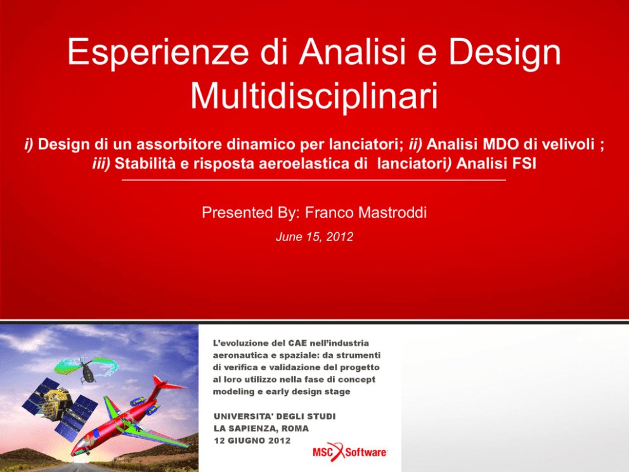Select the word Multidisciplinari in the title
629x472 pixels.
[314, 96]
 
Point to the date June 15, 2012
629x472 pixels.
[314, 237]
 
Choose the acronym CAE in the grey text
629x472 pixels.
[297, 343]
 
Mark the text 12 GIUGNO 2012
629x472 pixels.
[252, 441]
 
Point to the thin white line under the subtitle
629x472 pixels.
[314, 180]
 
